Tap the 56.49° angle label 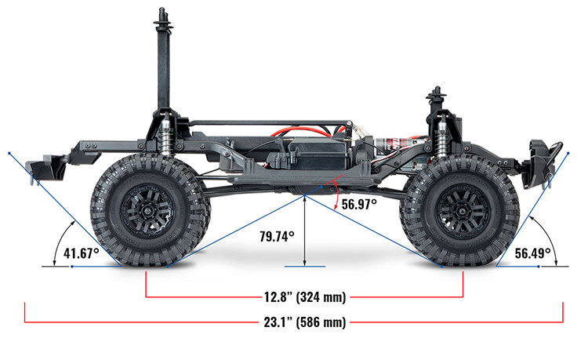coord(533,253)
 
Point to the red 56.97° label coord(359,204)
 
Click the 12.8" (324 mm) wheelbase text coord(304,297)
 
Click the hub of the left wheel coord(147,209)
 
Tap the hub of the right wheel coord(460,209)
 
